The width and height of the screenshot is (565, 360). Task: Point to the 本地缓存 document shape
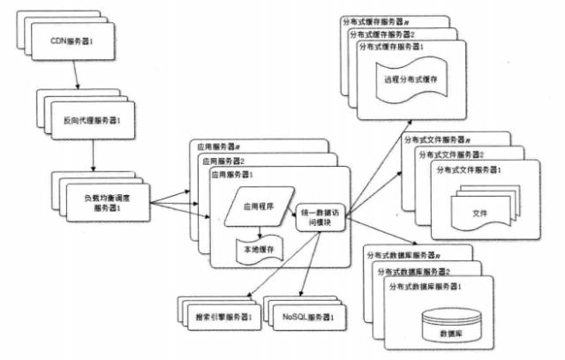coord(259,250)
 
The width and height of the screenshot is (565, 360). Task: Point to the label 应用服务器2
coord(226,161)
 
